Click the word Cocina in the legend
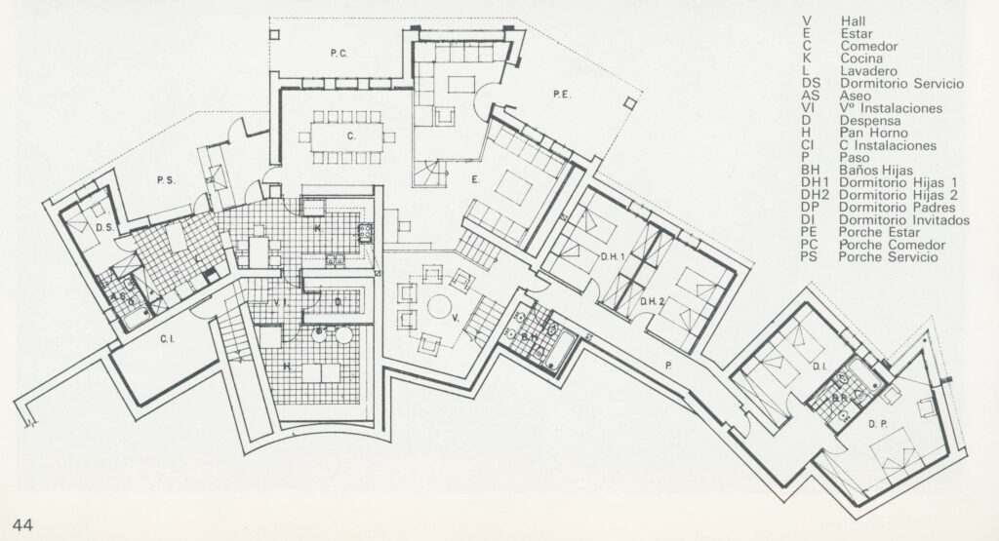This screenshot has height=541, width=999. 861,58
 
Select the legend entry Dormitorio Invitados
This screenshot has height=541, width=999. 904,220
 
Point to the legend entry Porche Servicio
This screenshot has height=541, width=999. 888,257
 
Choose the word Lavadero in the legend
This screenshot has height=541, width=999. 868,71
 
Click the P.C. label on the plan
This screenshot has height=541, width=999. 339,55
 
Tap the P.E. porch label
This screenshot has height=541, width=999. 561,95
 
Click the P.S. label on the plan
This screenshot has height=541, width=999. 166,180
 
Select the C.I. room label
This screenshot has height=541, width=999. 167,339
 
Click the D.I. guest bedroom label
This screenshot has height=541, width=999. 819,366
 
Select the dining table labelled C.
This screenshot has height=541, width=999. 348,136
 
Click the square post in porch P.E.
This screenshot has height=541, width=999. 630,102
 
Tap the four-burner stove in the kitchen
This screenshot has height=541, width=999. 366,234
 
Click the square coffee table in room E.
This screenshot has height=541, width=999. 512,186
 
